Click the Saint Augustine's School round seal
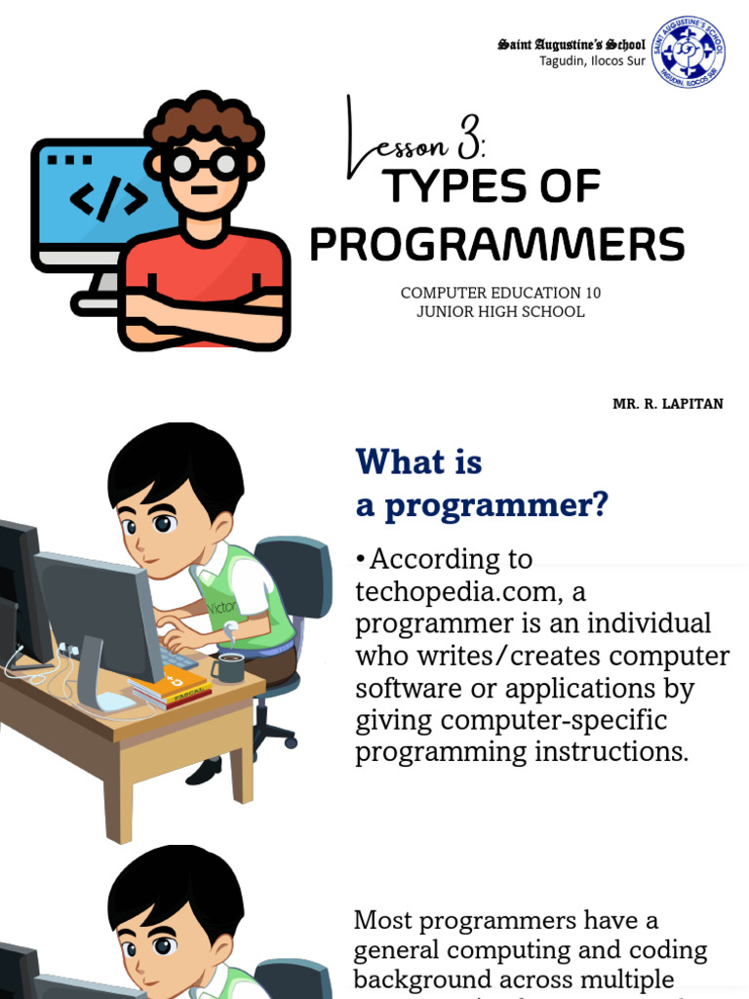click(687, 50)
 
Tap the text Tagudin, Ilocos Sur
click(592, 61)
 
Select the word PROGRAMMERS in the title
click(496, 245)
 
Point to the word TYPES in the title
click(444, 187)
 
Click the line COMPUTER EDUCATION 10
click(507, 293)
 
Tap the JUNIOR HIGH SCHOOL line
click(500, 312)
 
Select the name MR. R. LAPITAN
click(668, 404)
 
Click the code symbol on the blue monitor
click(107, 198)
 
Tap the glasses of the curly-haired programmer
click(204, 163)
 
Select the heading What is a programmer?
click(482, 483)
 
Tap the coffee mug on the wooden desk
click(228, 667)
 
